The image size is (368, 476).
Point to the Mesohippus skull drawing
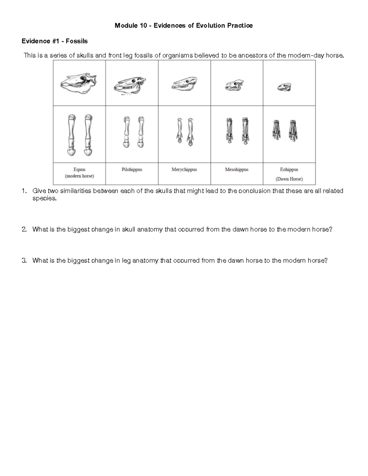pos(234,85)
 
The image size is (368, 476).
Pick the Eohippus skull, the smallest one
pos(285,87)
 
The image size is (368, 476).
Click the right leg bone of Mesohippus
pos(245,131)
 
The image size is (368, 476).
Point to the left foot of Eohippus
pos(276,130)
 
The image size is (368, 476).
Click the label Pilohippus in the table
pos(132,169)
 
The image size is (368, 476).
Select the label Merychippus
pos(184,169)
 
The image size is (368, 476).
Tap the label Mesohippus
pos(237,169)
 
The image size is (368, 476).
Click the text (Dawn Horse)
pos(289,179)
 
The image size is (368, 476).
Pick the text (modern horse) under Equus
pos(79,176)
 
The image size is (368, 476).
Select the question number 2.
pos(24,229)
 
